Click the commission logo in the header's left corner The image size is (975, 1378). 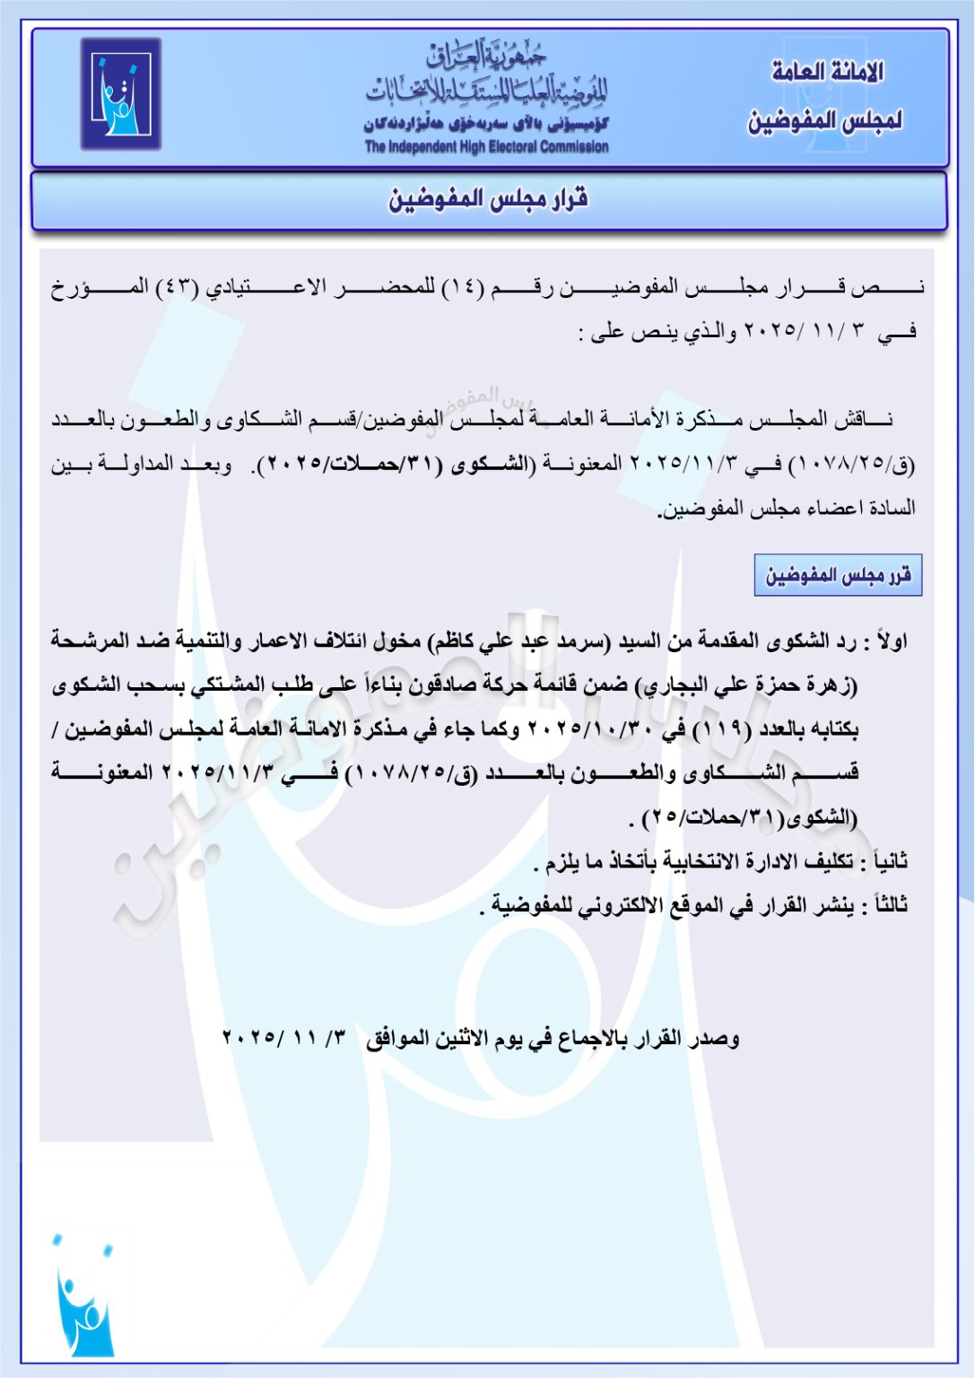120,93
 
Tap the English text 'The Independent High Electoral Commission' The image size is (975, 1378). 486,147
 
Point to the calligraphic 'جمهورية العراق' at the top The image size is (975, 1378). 486,57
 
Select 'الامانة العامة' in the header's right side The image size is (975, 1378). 827,72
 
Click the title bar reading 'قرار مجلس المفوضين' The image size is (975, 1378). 488,199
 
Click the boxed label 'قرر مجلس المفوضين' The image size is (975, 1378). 838,576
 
